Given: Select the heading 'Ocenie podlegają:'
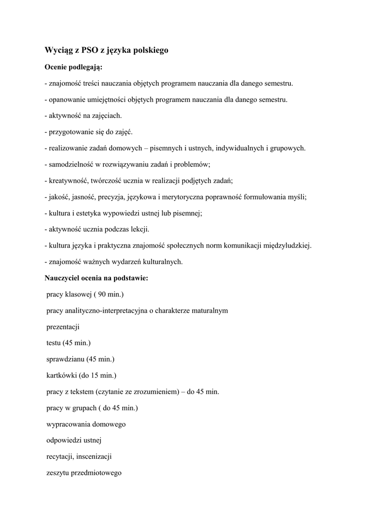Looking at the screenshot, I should [73, 67].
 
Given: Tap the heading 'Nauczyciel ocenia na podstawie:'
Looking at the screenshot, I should [97, 278].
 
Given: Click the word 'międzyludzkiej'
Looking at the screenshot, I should [287, 245].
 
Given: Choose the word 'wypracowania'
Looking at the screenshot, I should [68, 424].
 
